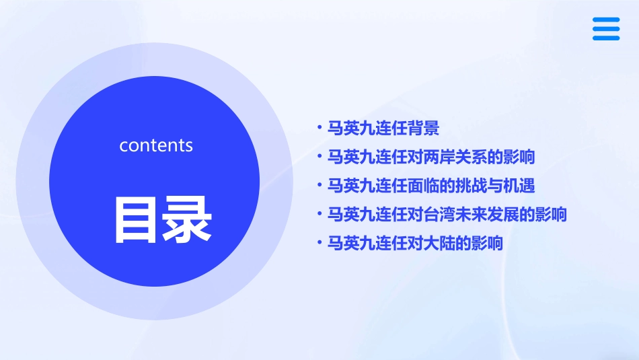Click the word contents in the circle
(156, 145)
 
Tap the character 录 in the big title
(185, 219)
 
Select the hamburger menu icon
(606, 29)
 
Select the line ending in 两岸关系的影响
(430, 157)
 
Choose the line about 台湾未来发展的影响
(447, 215)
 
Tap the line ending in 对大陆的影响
(415, 243)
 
